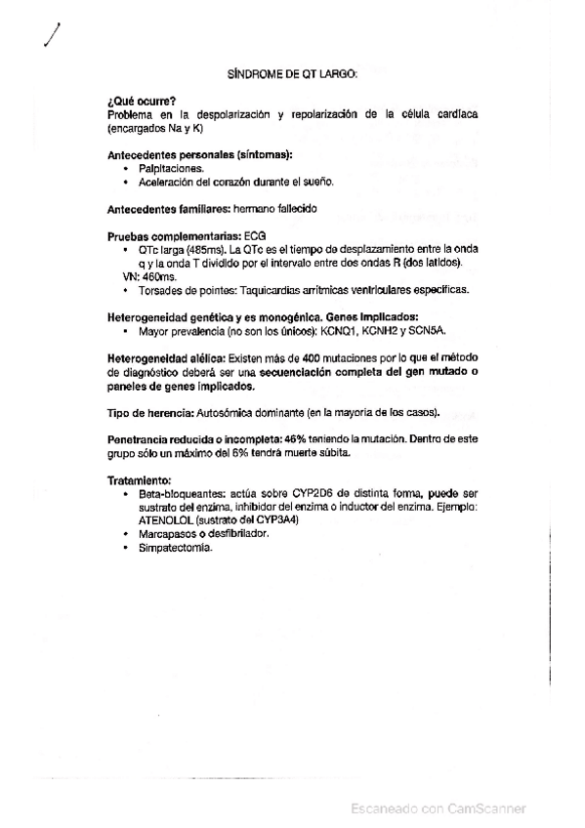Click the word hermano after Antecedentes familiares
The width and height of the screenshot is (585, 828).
coord(256,208)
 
